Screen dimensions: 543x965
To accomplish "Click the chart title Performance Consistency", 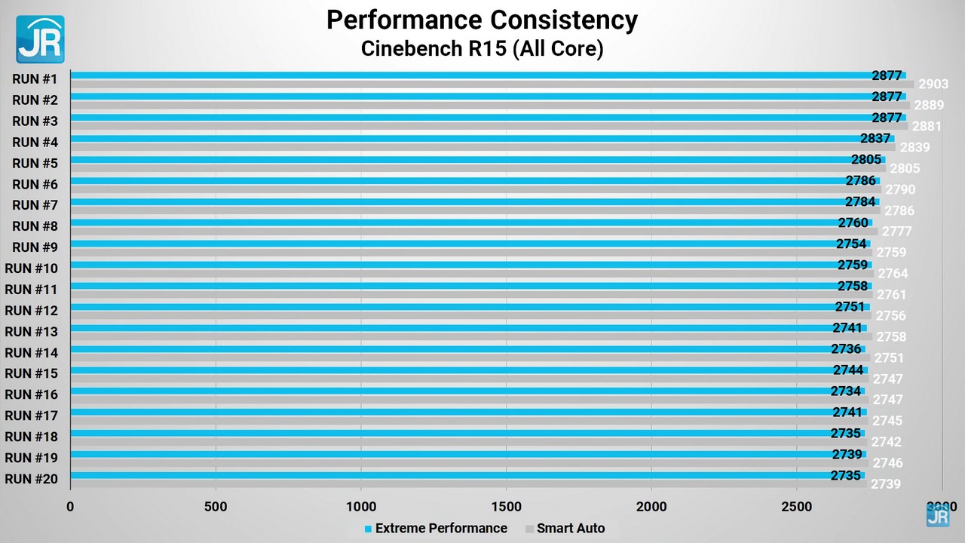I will [x=482, y=20].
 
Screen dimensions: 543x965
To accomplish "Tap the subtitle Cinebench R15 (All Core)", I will [x=482, y=49].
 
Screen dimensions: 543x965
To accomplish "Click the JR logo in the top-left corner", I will [x=40, y=39].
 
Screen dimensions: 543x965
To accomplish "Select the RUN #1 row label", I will [x=35, y=78].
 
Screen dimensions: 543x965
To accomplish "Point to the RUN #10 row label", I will [x=32, y=268].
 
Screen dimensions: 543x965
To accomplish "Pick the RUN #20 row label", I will [x=32, y=478].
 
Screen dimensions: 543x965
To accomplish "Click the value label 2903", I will [x=933, y=84].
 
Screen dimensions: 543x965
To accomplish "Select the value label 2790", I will [x=900, y=190].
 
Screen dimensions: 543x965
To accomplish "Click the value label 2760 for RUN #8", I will [x=853, y=223].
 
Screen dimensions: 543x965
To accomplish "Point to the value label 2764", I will [x=893, y=274].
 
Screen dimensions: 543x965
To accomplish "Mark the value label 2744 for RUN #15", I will [x=848, y=370].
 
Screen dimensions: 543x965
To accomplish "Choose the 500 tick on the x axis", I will [x=216, y=507].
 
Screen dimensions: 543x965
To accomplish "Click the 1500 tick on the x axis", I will [x=506, y=507].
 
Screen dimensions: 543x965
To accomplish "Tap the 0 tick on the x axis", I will [x=70, y=507].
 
